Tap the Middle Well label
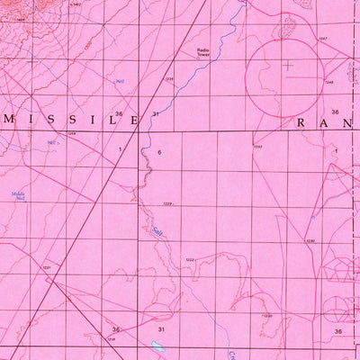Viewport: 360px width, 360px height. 18,195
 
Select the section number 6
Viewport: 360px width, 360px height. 158,153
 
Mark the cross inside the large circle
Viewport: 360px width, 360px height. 288,65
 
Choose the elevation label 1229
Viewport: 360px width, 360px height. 166,203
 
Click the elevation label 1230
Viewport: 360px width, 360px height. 310,240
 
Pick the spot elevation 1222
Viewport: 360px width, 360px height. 190,259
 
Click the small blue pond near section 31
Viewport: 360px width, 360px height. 158,345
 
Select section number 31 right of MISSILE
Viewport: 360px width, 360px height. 156,114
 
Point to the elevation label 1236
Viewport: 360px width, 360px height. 168,79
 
